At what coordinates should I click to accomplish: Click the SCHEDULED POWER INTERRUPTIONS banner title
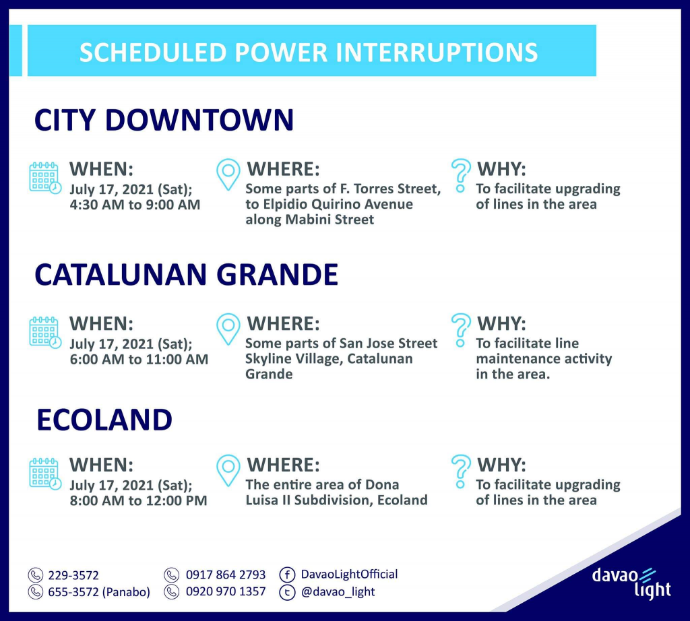coord(309,53)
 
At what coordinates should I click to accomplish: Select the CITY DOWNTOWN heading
coord(164,120)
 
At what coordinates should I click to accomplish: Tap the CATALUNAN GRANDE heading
coord(186,274)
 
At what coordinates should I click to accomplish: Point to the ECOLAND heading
coord(104,420)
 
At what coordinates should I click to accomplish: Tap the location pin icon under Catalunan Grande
coord(228,329)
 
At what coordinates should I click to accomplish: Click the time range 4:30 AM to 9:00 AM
coord(135,205)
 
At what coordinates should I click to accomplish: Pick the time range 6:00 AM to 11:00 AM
coord(139,359)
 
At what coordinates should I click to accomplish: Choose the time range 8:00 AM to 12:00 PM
coord(139,500)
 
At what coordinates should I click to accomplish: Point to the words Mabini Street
coord(330,220)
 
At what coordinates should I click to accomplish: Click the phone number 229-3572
coord(73,575)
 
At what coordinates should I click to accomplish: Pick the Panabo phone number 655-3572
coord(73,592)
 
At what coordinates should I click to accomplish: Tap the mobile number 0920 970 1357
coord(226,591)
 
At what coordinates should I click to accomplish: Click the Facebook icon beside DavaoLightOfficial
coord(287,575)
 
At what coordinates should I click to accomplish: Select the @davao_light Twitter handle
coord(338,592)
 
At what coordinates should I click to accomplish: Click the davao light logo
coord(631,583)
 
